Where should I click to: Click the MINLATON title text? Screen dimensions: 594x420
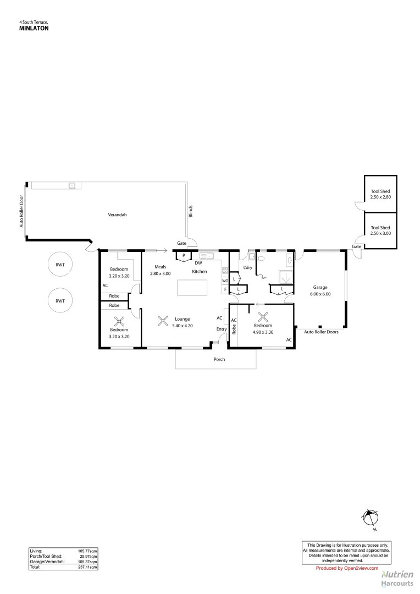coord(34,28)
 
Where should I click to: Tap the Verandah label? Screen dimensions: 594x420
coord(117,215)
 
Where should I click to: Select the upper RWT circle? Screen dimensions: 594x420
coord(60,265)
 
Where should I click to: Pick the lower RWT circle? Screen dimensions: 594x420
coord(60,301)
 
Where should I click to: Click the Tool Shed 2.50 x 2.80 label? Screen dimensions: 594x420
coord(380,194)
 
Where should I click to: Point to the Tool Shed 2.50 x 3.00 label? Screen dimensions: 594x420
coord(380,230)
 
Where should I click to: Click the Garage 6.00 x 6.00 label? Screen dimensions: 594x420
coord(320,290)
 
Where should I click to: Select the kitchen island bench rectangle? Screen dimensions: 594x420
coord(192,288)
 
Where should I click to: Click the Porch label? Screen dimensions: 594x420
coord(219,359)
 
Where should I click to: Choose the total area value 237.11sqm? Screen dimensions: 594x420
coord(89,566)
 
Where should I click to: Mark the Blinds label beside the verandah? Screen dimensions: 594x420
coord(191,211)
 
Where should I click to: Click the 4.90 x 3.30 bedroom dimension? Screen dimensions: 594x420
coord(263,332)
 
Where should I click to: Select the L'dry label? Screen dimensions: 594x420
coord(247,268)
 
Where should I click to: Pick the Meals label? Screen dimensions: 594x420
coord(160,267)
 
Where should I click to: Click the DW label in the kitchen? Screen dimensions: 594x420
coord(198,263)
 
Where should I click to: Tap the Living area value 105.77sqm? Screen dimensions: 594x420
coord(89,550)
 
